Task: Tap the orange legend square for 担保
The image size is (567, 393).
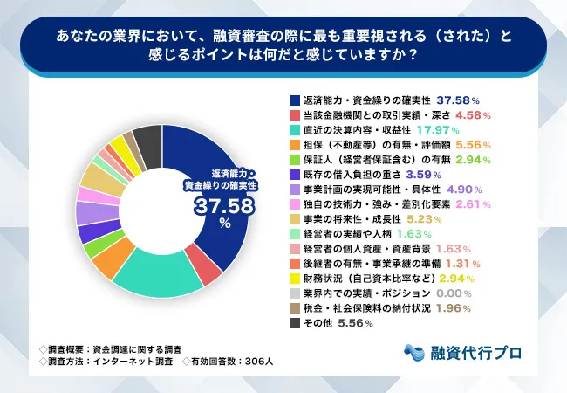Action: click(294, 147)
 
